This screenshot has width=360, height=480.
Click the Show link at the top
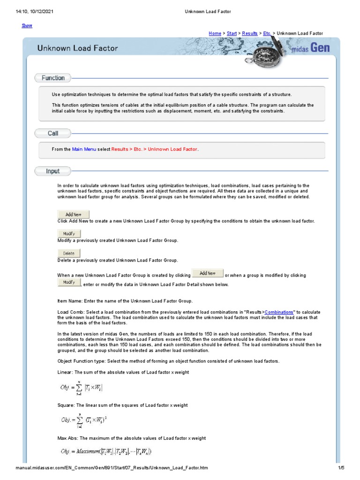27,25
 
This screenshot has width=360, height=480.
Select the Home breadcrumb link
215,33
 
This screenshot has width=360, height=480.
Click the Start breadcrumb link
232,33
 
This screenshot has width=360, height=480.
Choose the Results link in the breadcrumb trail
250,33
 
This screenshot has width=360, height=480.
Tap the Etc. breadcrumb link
267,33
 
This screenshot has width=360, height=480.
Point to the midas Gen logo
311,49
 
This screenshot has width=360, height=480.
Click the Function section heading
53,78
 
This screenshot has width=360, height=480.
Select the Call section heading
53,134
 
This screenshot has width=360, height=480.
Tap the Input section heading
53,171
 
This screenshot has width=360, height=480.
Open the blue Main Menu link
84,149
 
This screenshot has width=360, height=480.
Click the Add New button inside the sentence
208,274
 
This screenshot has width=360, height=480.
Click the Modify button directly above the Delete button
69,233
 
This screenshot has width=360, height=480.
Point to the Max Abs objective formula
106,452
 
